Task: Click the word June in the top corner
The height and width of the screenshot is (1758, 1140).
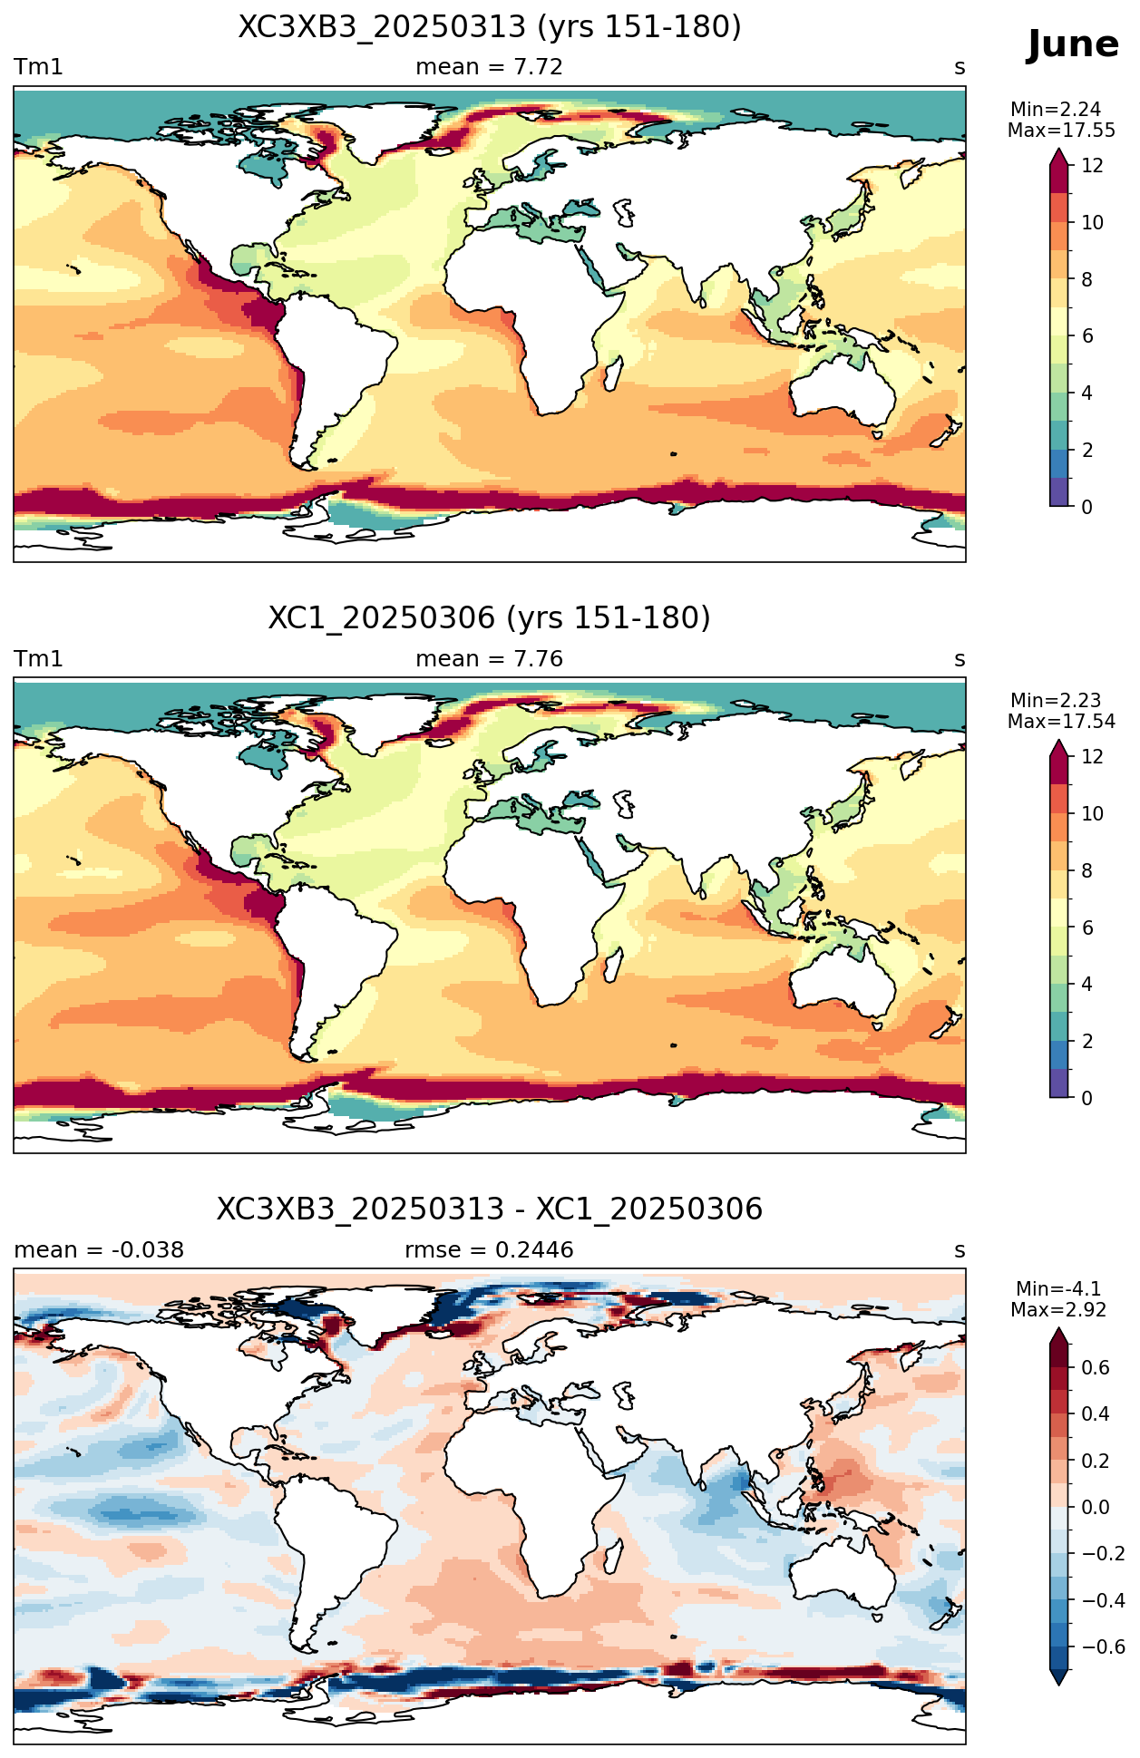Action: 1073,44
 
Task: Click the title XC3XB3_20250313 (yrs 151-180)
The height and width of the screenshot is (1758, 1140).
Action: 490,27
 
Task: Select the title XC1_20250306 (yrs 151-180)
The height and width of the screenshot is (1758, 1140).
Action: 490,618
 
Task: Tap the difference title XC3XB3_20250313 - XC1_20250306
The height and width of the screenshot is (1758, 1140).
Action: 490,1209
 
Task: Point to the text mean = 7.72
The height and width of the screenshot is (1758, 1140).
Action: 489,67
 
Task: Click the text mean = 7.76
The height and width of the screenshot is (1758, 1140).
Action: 489,659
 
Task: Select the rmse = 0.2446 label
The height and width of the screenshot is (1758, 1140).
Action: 489,1250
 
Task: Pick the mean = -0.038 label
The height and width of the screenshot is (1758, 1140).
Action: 99,1250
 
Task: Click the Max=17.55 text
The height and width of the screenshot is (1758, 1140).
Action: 1061,130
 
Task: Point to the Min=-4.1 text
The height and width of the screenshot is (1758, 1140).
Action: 1058,1289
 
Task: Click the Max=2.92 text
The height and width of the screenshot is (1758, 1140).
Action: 1058,1310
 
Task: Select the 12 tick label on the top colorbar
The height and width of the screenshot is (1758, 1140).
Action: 1093,166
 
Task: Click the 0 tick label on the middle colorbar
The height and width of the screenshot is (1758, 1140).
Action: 1087,1098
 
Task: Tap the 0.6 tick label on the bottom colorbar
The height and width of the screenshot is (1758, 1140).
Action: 1096,1368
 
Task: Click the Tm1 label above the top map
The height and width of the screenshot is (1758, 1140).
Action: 38,67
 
